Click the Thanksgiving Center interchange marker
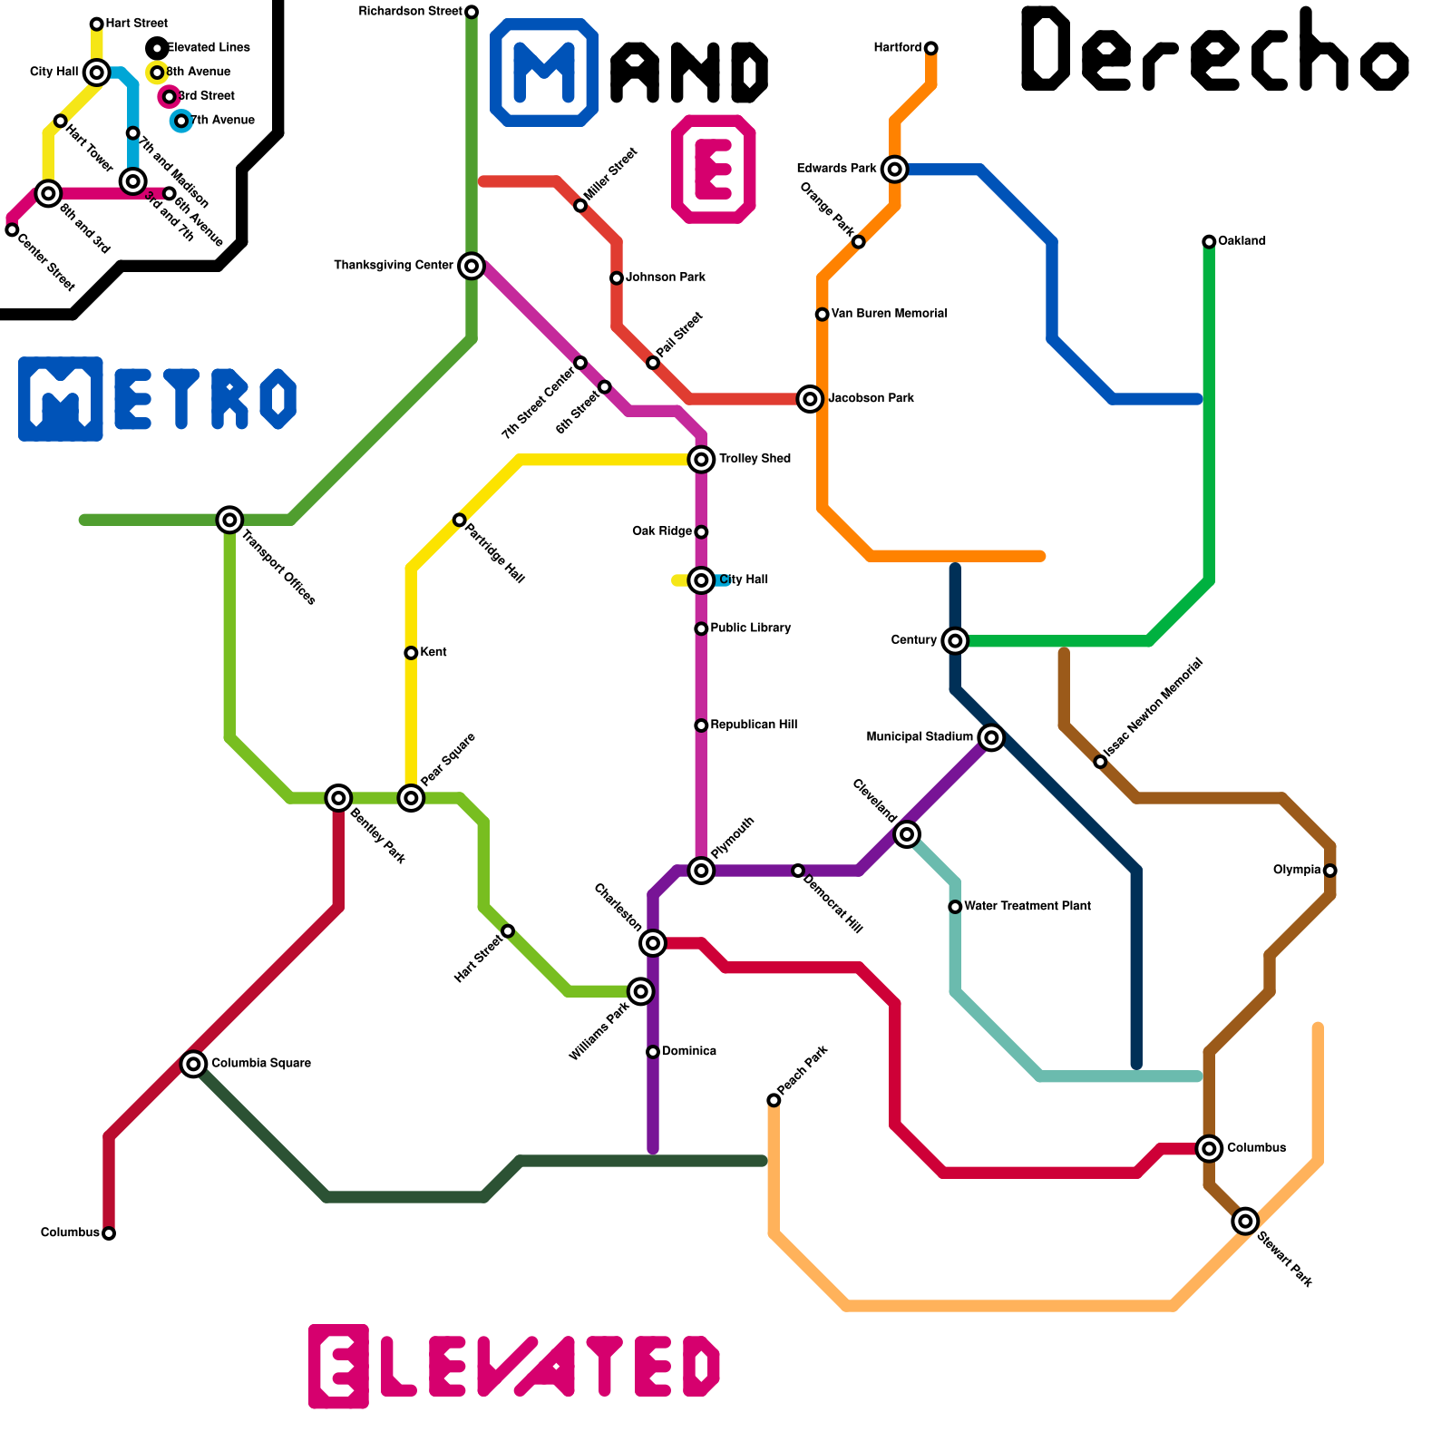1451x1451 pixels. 471,266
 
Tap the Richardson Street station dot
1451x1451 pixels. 472,12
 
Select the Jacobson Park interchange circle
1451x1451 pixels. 810,399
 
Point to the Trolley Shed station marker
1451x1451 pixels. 701,460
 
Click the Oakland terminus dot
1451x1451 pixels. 1209,241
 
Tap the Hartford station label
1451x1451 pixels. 897,47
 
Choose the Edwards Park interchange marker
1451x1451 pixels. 895,169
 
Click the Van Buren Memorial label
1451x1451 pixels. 889,314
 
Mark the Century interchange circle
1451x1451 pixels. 955,641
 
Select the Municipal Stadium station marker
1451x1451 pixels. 991,738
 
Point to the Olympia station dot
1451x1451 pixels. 1329,871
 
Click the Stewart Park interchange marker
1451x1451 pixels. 1245,1222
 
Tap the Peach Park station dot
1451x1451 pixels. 774,1100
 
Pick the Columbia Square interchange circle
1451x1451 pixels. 193,1064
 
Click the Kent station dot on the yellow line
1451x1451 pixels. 411,653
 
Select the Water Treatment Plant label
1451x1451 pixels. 1027,906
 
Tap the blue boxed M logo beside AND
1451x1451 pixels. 544,73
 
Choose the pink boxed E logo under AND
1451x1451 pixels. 714,170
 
